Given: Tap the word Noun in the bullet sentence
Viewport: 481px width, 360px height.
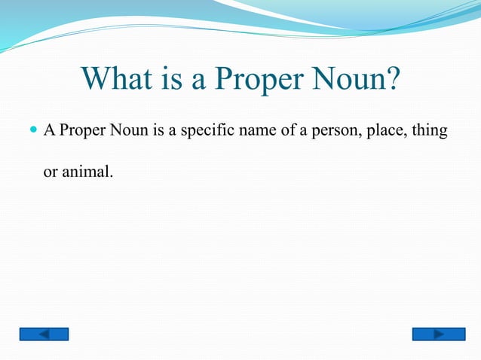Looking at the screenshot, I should point(131,132).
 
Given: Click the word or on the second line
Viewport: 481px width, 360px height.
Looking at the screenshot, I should point(50,172).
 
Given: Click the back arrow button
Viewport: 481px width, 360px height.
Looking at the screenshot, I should point(44,334).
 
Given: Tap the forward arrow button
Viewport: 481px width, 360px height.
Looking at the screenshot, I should point(437,334).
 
